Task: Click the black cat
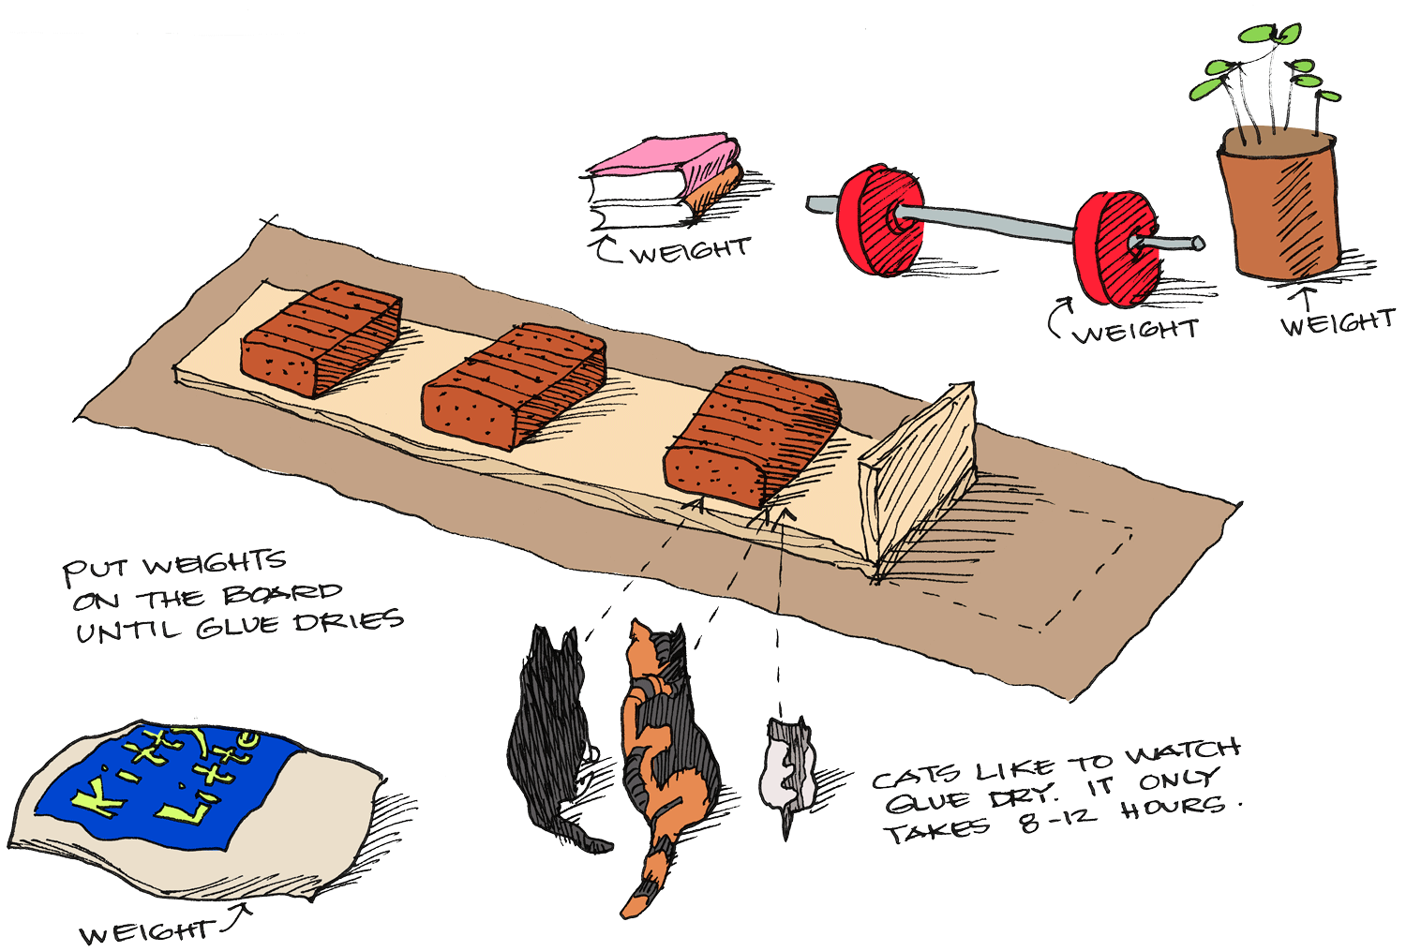tap(548, 740)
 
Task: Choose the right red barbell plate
tap(1115, 248)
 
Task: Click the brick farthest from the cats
tap(321, 337)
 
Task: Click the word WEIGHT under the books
tap(691, 251)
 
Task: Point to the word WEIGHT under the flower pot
tap(1338, 323)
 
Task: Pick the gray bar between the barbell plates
tap(998, 225)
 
